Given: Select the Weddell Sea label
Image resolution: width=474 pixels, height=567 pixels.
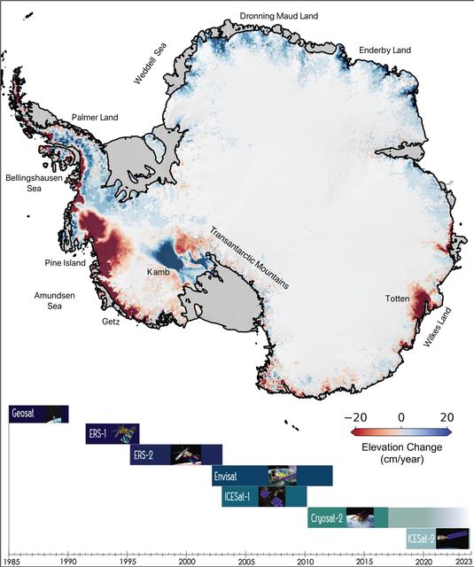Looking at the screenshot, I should pyautogui.click(x=149, y=63).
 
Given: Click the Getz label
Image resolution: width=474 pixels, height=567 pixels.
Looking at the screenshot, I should pyautogui.click(x=109, y=322).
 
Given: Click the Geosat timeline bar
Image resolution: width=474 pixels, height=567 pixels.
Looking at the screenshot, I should pyautogui.click(x=38, y=414).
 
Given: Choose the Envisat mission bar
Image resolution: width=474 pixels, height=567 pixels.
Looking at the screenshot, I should pyautogui.click(x=271, y=476).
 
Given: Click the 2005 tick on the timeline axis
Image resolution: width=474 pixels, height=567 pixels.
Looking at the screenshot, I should pyautogui.click(x=245, y=562).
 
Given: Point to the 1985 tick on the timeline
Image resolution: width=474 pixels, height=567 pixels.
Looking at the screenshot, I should pyautogui.click(x=11, y=562).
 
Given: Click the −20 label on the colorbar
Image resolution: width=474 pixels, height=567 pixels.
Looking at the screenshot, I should pyautogui.click(x=357, y=418).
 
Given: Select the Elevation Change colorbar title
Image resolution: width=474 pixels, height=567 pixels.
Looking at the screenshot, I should pyautogui.click(x=401, y=448).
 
